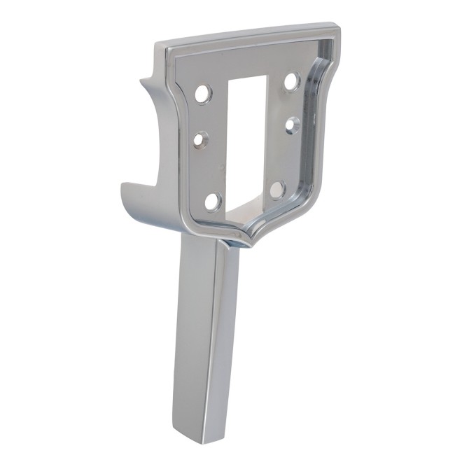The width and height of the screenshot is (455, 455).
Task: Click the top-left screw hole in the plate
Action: click(203, 94)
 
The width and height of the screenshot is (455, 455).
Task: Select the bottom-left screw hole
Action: click(213, 202)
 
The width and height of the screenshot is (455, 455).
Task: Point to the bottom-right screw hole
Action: click(277, 189)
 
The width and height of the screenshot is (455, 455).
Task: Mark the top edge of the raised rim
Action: click(245, 36)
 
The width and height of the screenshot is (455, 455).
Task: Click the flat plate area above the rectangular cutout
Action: click(245, 63)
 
